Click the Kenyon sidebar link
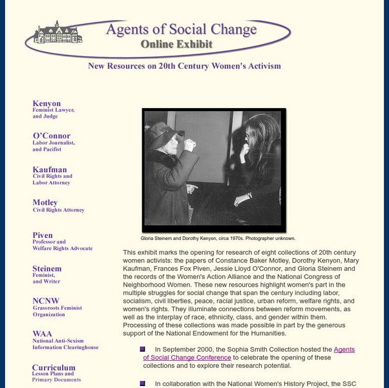coord(47,103)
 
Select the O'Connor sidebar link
coord(51,136)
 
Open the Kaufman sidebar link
coord(50,170)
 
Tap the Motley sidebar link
coord(45,202)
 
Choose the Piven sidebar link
coord(43,236)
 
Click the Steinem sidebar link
coord(47,269)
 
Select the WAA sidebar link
coord(43,334)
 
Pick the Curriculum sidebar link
coord(54,368)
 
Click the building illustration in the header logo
coord(58,32)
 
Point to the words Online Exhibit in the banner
coord(176,45)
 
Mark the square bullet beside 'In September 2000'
coord(142,349)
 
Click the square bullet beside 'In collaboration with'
coord(142,383)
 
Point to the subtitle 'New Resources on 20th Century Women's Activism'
coord(184,66)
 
